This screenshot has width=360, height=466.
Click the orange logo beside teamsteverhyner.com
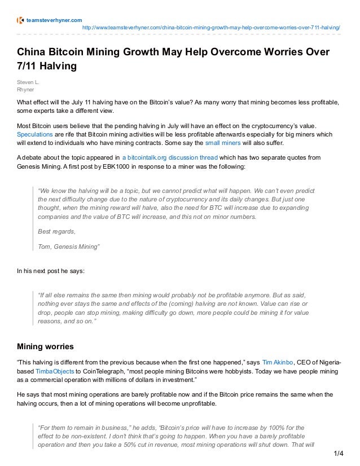click(21, 20)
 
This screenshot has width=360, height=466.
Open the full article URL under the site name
click(211, 28)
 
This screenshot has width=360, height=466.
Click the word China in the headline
click(32, 52)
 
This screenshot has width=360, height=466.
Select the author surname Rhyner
click(26, 89)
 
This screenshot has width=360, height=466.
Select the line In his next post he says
click(51, 271)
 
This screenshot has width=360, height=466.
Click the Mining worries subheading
click(45, 346)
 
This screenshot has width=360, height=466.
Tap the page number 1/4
click(339, 453)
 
